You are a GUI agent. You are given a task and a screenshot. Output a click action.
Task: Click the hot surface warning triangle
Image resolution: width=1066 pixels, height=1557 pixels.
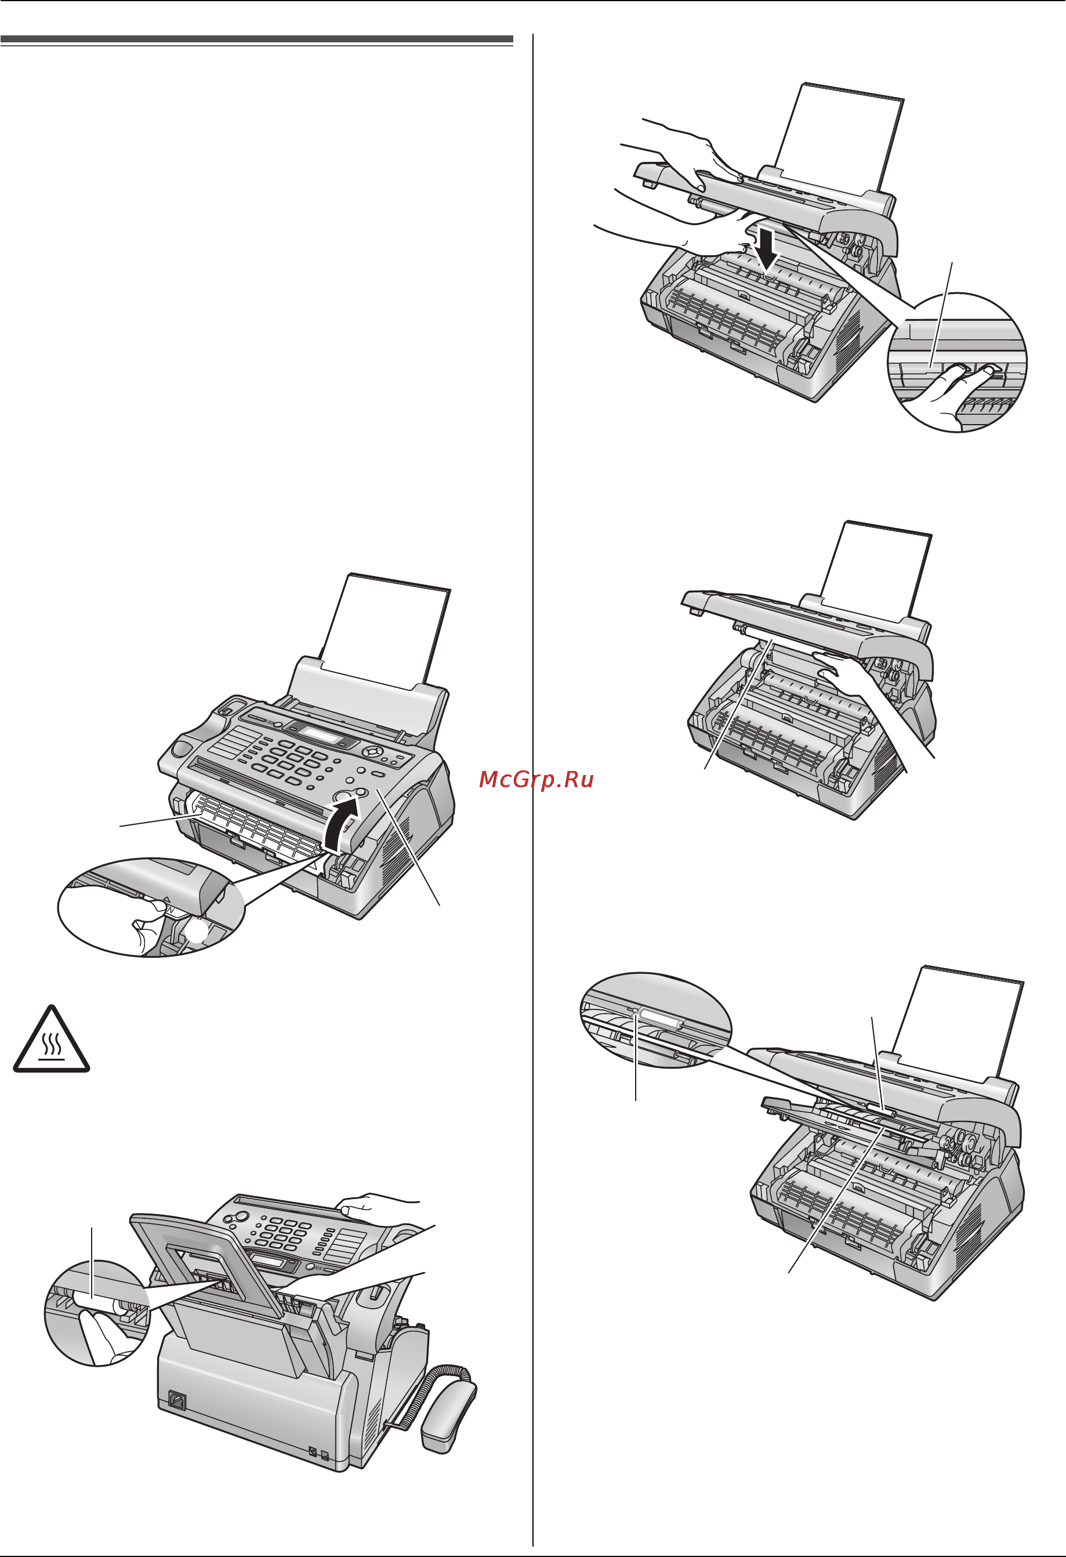pyautogui.click(x=52, y=1039)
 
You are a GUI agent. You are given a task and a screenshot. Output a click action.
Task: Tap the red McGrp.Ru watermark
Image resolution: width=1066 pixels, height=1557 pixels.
pyautogui.click(x=536, y=779)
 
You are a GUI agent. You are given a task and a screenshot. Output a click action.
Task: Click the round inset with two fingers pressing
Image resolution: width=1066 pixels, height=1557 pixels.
pyautogui.click(x=957, y=363)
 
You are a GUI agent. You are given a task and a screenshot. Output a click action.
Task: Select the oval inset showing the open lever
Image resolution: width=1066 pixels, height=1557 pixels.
pyautogui.click(x=151, y=907)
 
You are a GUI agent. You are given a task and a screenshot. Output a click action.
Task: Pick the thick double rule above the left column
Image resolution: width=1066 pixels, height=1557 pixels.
pyautogui.click(x=256, y=41)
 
